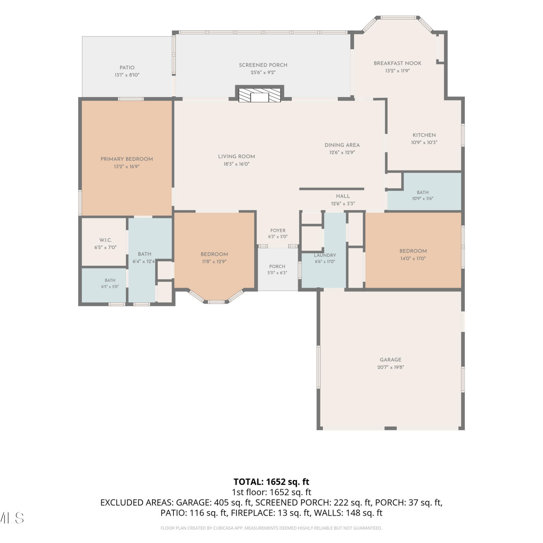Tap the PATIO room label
(x=127, y=68)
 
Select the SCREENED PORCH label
(x=263, y=65)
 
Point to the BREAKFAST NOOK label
(x=397, y=63)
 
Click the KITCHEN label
(x=424, y=135)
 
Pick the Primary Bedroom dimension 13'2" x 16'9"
(x=127, y=167)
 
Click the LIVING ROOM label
(x=237, y=156)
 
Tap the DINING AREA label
(x=342, y=145)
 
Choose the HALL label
(x=343, y=196)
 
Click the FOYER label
(x=278, y=231)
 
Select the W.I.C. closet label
(x=106, y=240)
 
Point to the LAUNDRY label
(x=325, y=255)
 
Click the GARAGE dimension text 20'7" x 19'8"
(x=391, y=367)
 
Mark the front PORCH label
(x=277, y=266)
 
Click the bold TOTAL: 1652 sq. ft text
(x=271, y=482)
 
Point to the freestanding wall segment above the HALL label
(x=332, y=189)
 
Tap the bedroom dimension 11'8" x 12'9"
(x=214, y=261)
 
